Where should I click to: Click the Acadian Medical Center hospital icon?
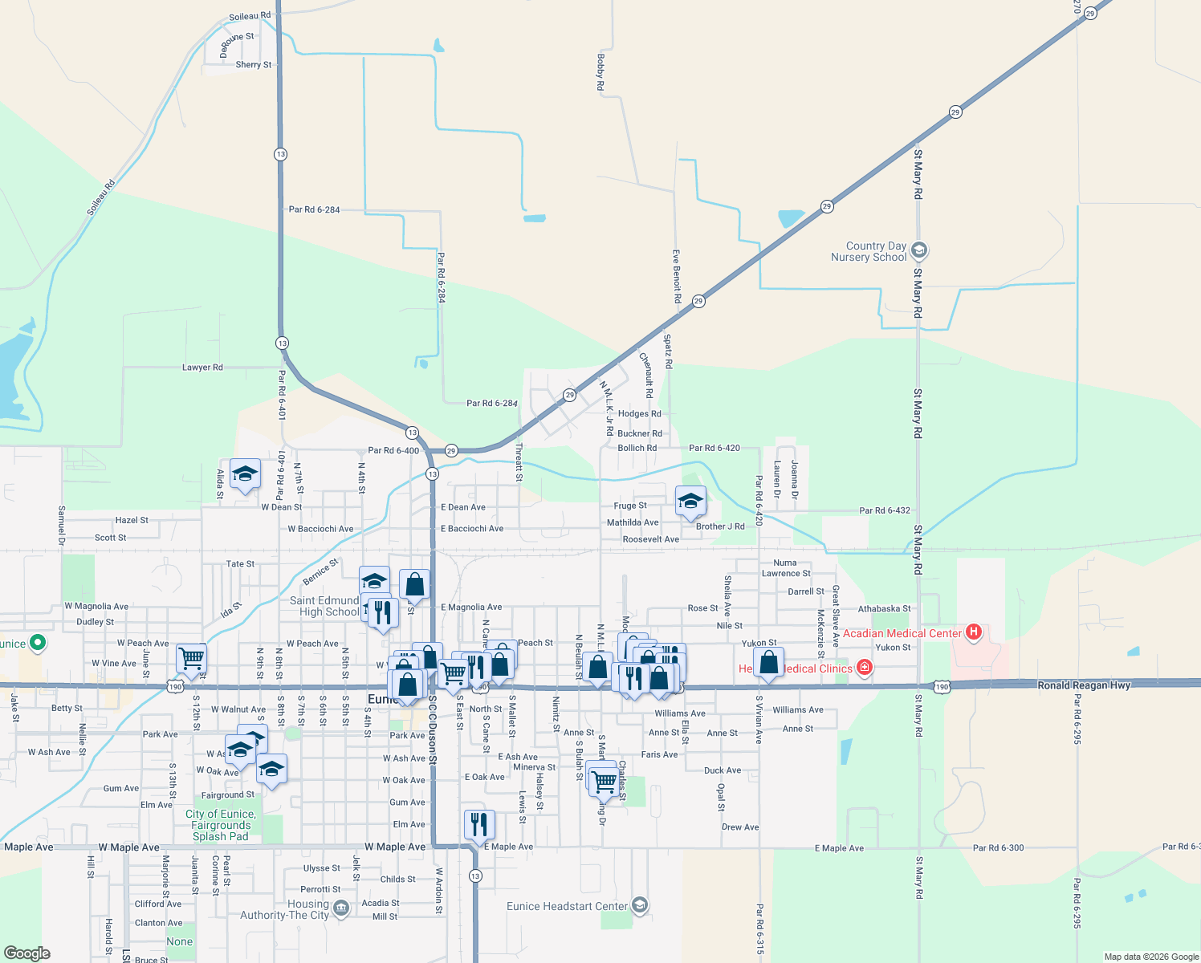(974, 632)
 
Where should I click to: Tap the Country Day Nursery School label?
(876, 252)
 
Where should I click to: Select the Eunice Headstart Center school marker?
(639, 905)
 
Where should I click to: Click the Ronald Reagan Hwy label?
(1084, 685)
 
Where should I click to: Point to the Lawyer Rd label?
(202, 368)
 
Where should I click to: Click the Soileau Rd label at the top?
(250, 16)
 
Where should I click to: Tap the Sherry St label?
(254, 65)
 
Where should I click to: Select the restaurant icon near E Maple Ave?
(478, 824)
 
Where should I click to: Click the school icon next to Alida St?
(245, 473)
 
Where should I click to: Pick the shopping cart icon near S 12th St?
(191, 659)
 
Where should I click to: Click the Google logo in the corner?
(27, 953)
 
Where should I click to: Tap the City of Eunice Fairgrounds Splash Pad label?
(221, 825)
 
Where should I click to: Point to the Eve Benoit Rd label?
(677, 276)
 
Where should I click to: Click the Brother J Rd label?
(720, 526)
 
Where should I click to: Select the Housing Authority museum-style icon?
(340, 908)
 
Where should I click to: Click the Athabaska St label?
(884, 609)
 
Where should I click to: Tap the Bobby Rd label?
(600, 71)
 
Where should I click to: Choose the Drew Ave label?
(740, 827)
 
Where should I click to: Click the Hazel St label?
(132, 521)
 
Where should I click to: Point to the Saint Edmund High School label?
(324, 606)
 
